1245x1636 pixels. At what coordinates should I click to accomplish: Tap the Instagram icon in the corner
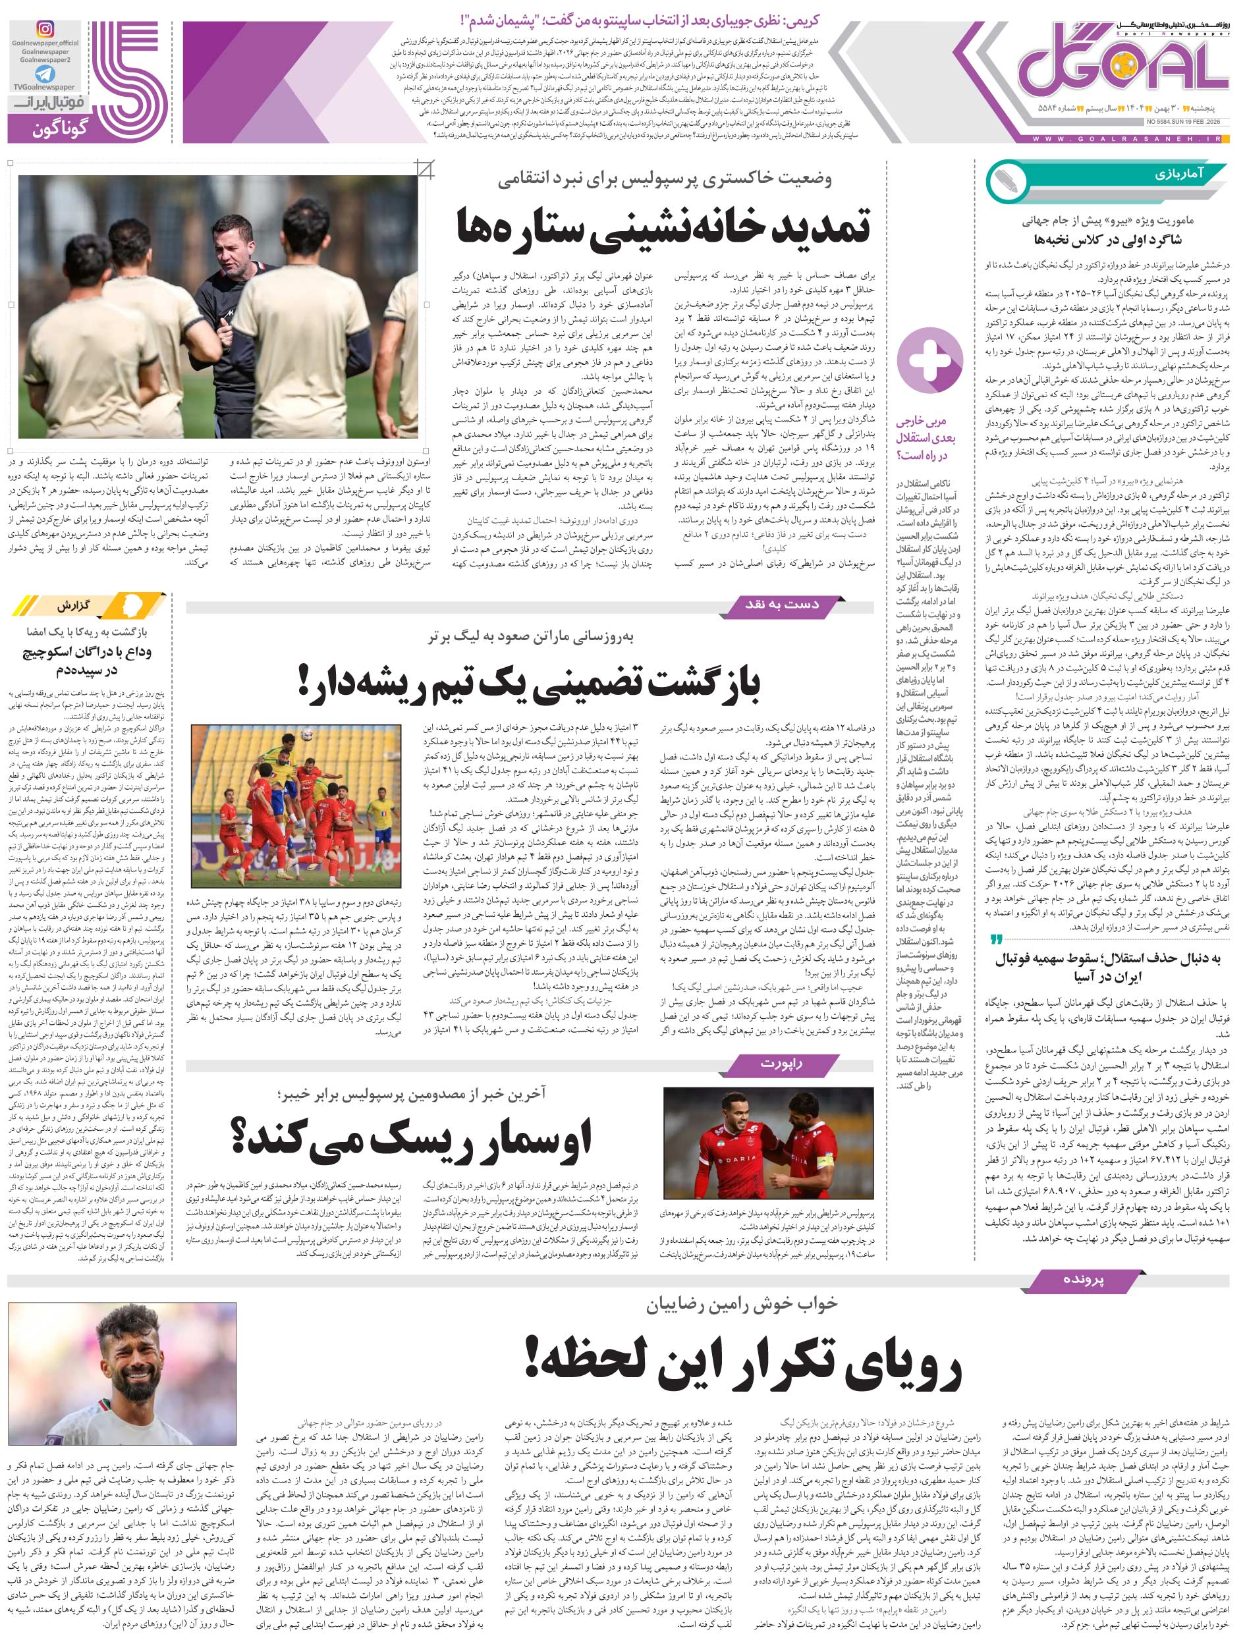pos(46,29)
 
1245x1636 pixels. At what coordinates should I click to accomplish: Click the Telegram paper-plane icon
pos(45,74)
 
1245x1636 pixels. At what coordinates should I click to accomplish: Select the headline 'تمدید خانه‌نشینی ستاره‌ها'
pos(663,227)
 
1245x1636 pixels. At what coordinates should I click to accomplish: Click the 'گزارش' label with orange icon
pos(89,605)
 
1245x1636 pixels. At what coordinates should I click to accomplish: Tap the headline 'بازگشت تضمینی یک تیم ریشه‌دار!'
pos(529,682)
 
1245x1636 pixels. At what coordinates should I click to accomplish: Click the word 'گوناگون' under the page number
pos(59,130)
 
